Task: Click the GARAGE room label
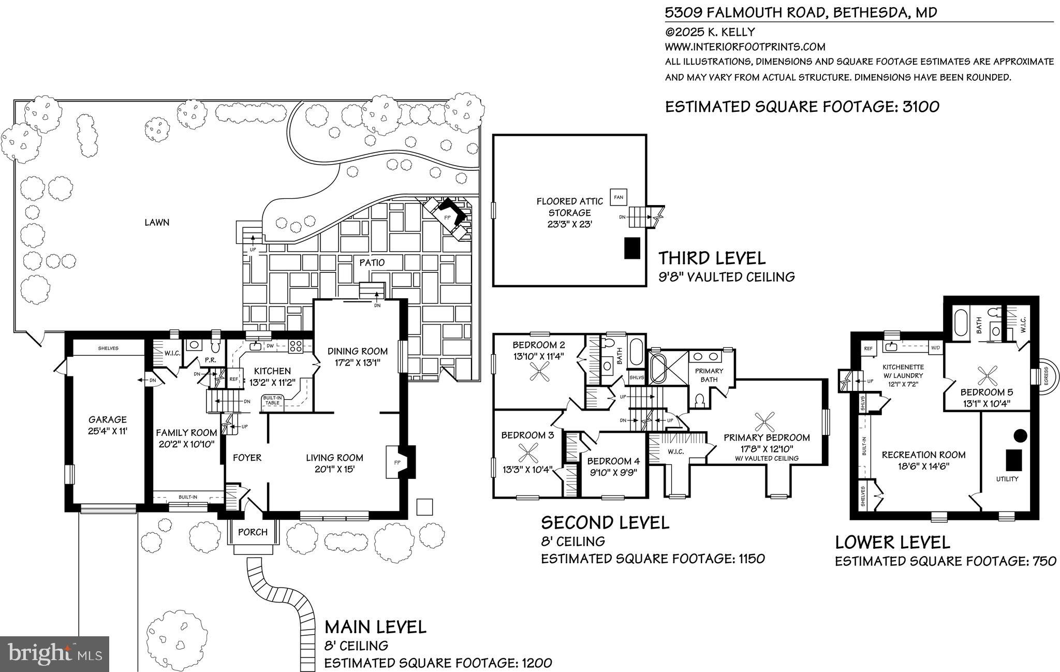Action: coord(107,420)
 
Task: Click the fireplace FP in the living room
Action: coord(397,462)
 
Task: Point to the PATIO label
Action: coord(372,262)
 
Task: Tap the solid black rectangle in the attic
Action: coord(632,247)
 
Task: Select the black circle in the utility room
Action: coord(1019,435)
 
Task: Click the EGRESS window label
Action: coord(1046,376)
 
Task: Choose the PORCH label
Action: coord(253,532)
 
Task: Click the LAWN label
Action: coord(157,223)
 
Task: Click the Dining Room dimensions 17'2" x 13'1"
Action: coord(357,363)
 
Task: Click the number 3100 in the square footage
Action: coord(921,107)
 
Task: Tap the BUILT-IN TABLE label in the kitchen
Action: coord(272,400)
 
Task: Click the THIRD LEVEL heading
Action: coord(712,257)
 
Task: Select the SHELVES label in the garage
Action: coord(108,348)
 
